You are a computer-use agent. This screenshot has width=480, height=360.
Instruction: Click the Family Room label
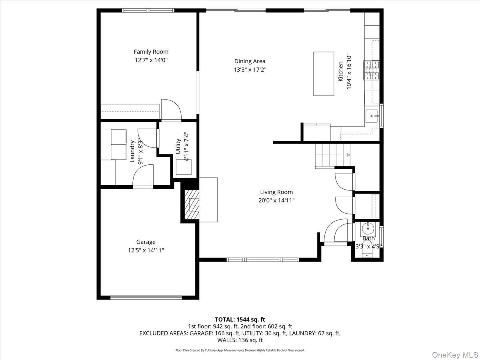pyautogui.click(x=151, y=52)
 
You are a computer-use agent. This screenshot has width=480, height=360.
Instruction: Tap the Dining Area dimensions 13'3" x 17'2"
pyautogui.click(x=250, y=69)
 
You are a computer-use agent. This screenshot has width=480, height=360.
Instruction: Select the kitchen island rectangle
pyautogui.click(x=324, y=74)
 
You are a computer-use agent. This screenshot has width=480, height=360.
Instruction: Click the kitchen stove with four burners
pyautogui.click(x=371, y=70)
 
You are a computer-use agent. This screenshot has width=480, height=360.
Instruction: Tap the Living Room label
pyautogui.click(x=276, y=192)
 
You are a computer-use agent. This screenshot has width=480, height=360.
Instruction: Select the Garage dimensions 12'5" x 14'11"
pyautogui.click(x=146, y=250)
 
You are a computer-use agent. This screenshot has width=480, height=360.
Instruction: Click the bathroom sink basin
pyautogui.click(x=368, y=229)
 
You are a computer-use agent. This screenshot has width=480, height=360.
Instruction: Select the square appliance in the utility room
pyautogui.click(x=184, y=167)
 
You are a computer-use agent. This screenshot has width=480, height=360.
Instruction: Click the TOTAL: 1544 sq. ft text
pyautogui.click(x=240, y=319)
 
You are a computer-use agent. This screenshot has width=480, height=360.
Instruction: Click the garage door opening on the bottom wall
pyautogui.click(x=146, y=297)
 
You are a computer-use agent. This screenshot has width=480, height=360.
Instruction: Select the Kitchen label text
pyautogui.click(x=340, y=72)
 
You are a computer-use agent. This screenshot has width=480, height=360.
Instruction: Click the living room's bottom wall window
pyautogui.click(x=262, y=260)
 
